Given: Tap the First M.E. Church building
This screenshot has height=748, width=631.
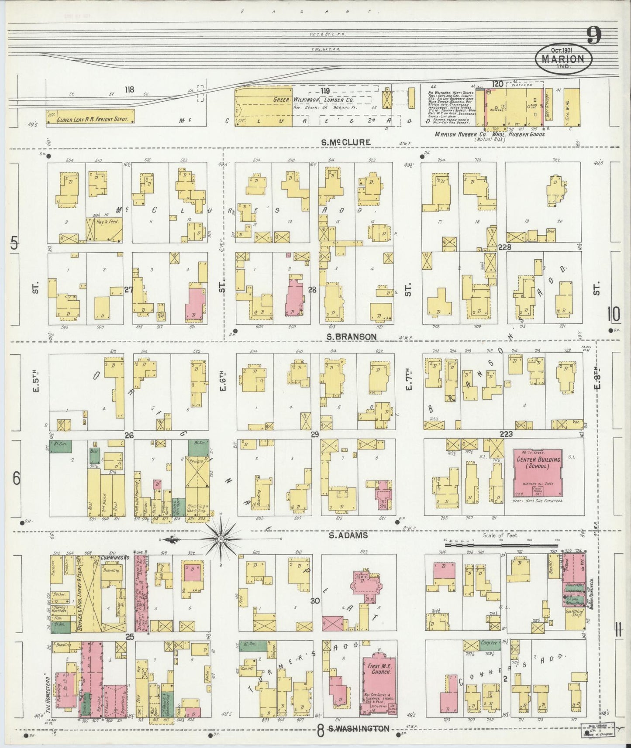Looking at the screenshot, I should click(x=378, y=680).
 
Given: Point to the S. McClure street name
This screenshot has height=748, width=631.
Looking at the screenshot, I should click(x=346, y=142).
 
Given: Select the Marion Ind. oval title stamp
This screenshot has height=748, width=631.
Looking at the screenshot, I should click(x=564, y=58).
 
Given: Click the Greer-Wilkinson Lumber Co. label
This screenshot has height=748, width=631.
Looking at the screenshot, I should click(x=313, y=100).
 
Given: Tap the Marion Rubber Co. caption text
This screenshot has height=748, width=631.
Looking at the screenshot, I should click(x=491, y=134).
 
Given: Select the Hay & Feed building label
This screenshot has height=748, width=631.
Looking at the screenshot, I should click(x=108, y=222).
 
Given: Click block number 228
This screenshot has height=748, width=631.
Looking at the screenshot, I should click(x=504, y=247).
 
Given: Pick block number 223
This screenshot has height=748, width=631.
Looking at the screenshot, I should click(x=506, y=434).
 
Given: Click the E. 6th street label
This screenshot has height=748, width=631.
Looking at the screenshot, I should click(x=222, y=381).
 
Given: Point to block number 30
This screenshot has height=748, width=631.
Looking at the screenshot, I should click(x=314, y=601).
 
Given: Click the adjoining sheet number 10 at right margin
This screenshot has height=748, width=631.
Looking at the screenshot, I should click(x=613, y=314).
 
